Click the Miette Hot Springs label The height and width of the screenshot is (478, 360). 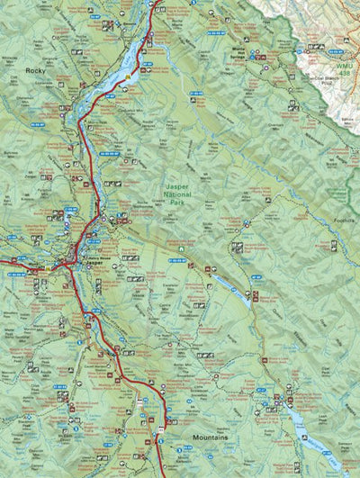(238, 52)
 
